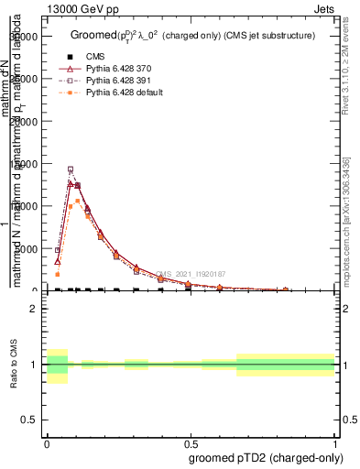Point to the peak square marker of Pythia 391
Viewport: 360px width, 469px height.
[71, 169]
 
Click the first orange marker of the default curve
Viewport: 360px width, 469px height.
[57, 274]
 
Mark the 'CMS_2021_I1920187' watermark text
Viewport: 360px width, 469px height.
[190, 274]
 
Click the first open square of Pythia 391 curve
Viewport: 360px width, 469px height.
[57, 250]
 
